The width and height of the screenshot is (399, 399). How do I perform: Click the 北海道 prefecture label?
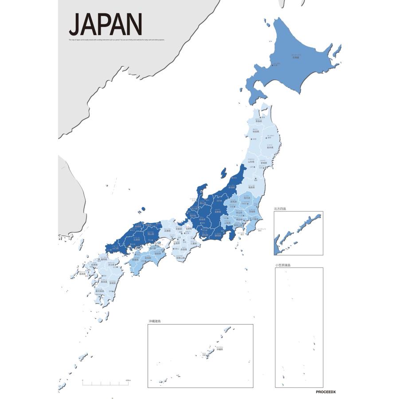coord(296,58)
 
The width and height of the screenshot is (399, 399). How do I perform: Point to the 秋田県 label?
coord(255,132)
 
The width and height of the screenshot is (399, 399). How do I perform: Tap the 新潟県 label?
coord(231,188)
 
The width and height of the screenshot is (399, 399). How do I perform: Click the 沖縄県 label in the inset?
coord(219,349)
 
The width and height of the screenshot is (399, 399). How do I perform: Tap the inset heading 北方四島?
coord(280,208)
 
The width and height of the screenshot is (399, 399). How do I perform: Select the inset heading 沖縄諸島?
coord(155,321)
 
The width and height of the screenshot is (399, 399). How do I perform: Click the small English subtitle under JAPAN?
coord(117,40)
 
